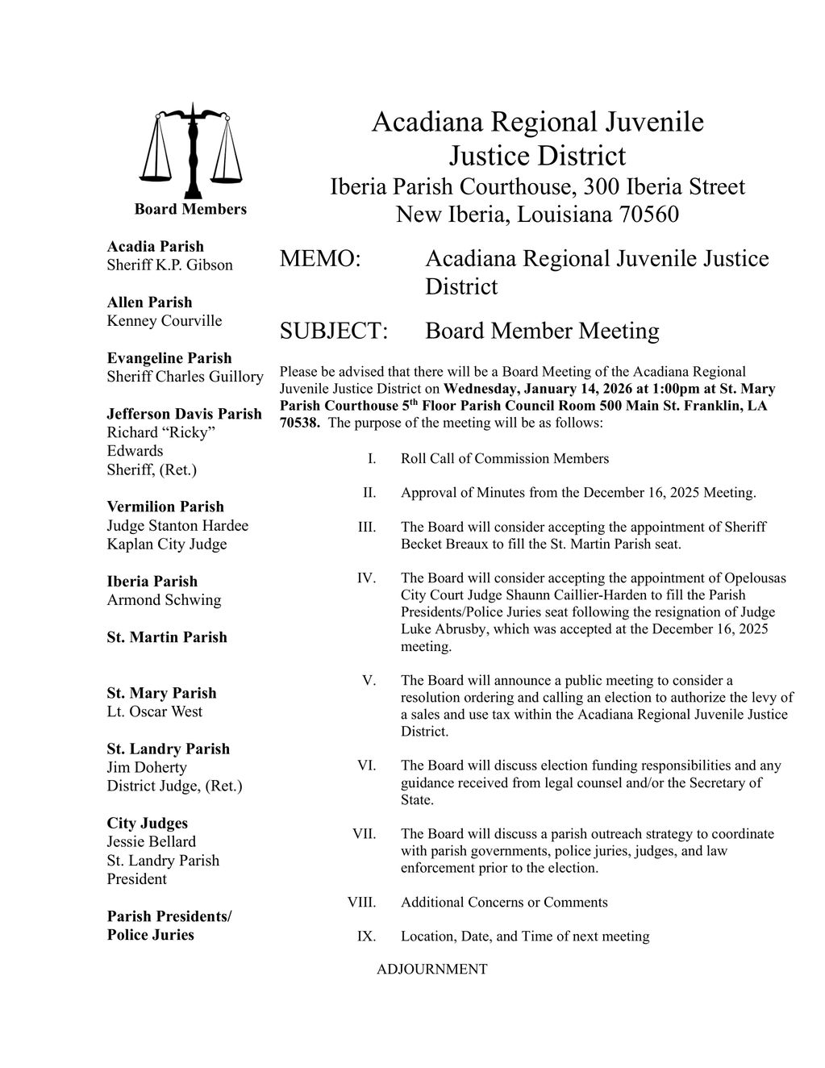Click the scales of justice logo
pos(190,150)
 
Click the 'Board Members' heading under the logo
pos(190,209)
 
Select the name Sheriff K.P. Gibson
pos(169,265)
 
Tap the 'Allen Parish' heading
pos(149,302)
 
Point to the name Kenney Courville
pos(164,320)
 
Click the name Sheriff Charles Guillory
pos(185,376)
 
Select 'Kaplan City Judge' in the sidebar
pos(166,544)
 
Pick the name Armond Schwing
pos(164,599)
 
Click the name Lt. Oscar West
pos(154,711)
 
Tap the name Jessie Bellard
pos(151,841)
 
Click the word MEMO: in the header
pos(319,259)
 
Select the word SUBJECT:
pos(334,331)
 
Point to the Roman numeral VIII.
pos(361,902)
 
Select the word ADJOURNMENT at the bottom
pos(431,969)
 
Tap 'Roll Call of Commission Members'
pos(504,458)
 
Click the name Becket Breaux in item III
pos(443,544)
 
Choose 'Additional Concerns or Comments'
pos(504,902)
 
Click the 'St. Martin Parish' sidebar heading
pos(166,636)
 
